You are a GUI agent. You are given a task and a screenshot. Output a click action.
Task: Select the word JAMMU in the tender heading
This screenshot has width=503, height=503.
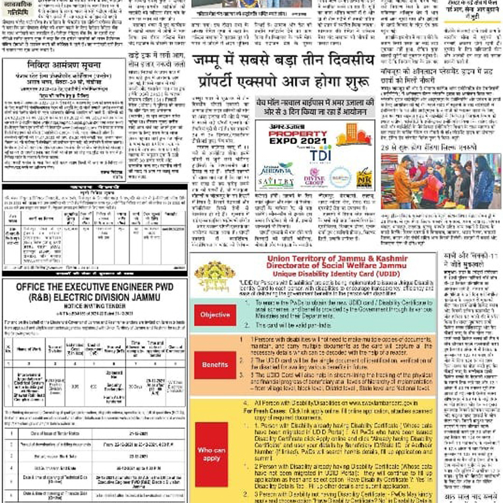[x=155, y=299]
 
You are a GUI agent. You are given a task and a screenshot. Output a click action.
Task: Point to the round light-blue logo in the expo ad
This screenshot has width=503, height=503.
[x=340, y=177]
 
